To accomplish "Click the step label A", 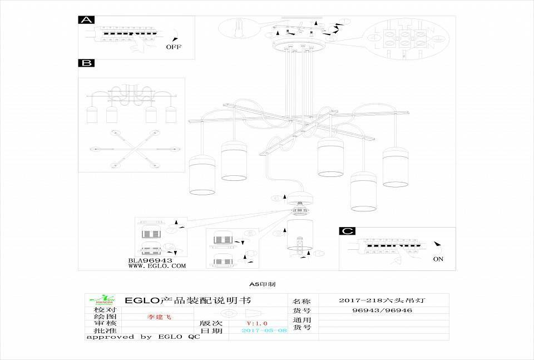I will (86, 20).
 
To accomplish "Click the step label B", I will (86, 63).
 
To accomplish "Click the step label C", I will (347, 231).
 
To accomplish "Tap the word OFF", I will (174, 47).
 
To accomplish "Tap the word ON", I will (438, 259).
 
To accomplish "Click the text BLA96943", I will (150, 260).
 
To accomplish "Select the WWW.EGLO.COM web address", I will (157, 266).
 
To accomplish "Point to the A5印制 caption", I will (262, 284).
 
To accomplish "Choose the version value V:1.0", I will (257, 323).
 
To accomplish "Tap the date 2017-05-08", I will (264, 331).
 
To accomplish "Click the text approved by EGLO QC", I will (142, 337).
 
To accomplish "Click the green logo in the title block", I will (105, 300).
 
